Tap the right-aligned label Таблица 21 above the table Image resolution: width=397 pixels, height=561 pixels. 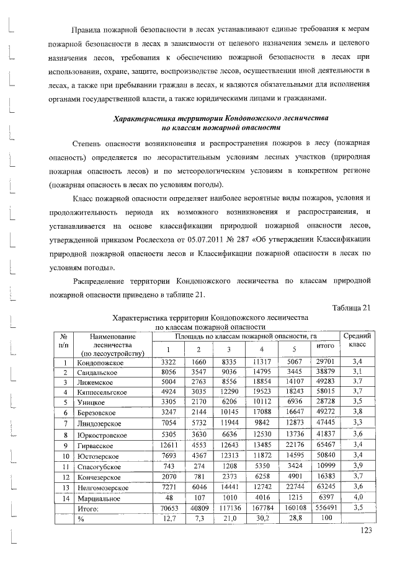click(x=351, y=308)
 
